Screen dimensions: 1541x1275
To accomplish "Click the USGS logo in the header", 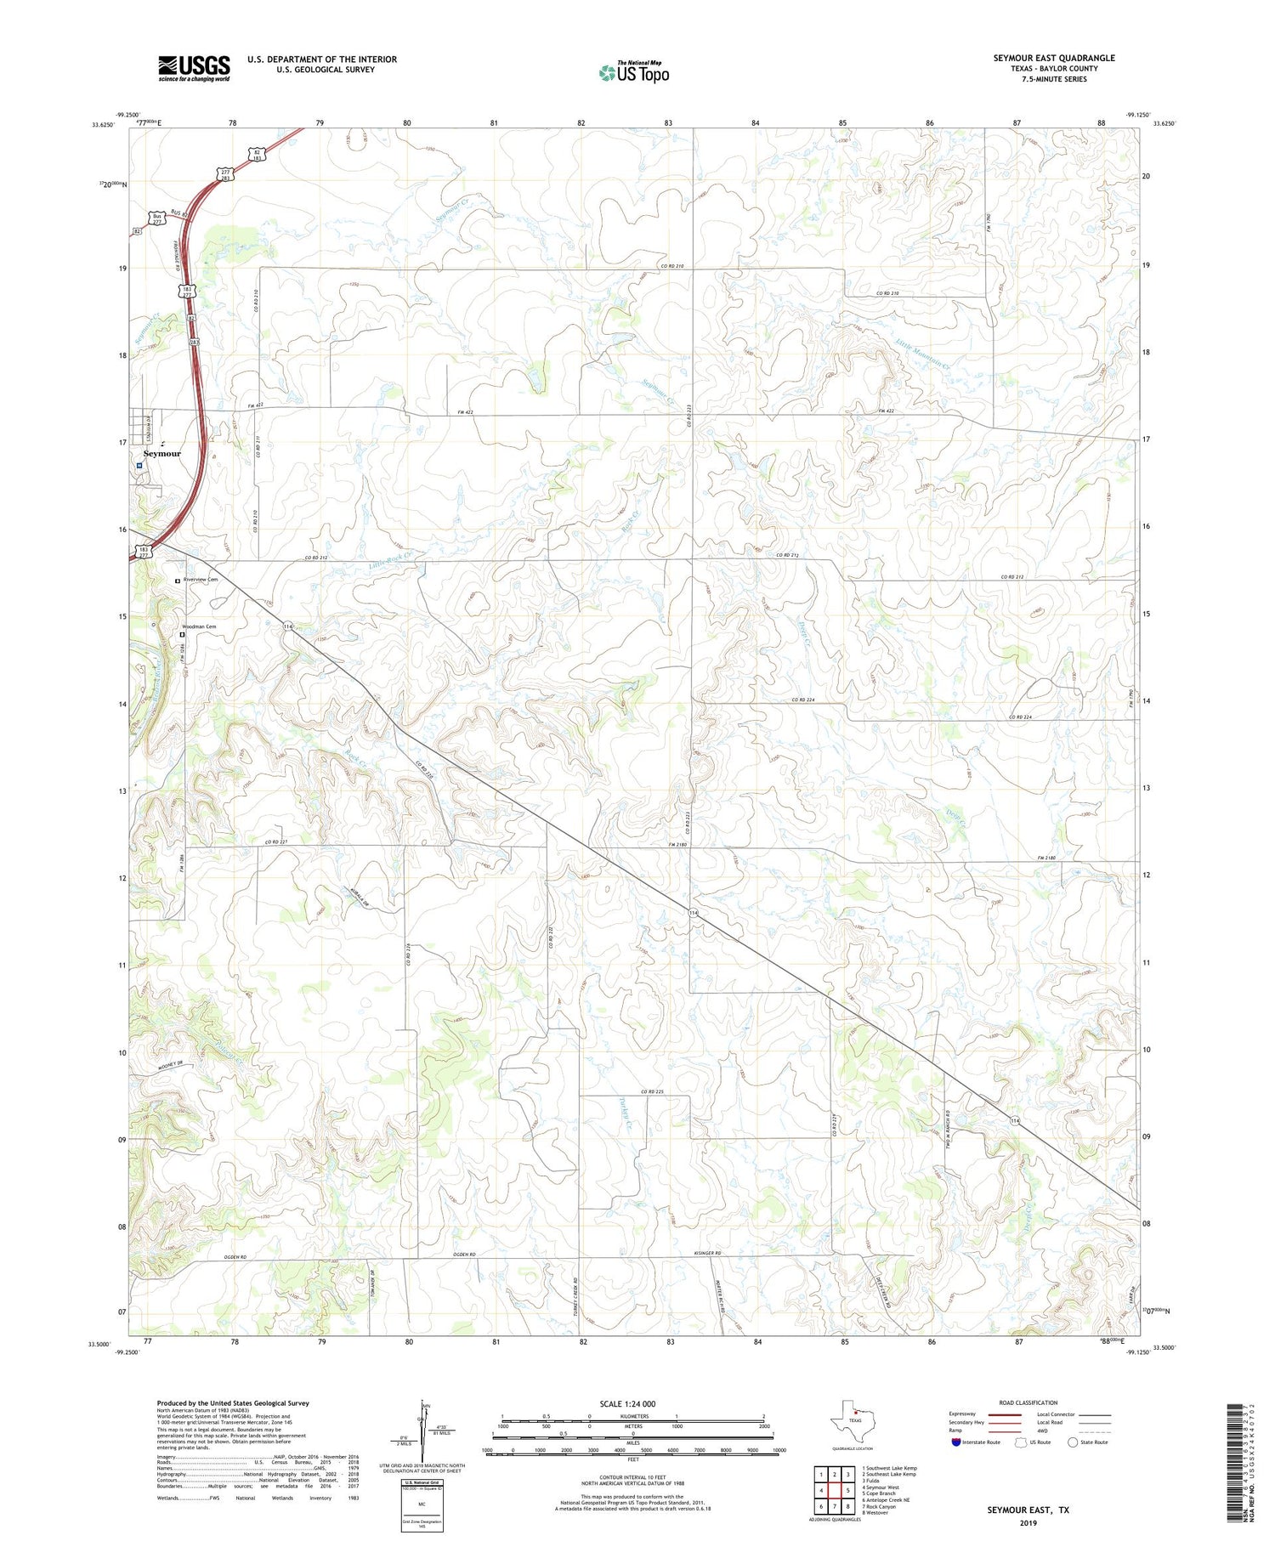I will (x=194, y=67).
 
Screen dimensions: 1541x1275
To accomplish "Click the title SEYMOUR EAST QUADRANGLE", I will (x=1053, y=58).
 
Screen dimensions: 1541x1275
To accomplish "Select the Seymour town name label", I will (x=162, y=454).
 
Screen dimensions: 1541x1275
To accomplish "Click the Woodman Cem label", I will (x=199, y=627).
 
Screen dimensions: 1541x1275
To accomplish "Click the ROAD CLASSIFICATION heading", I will (x=1028, y=1402).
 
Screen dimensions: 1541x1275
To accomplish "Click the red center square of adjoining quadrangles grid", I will (x=835, y=1490).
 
